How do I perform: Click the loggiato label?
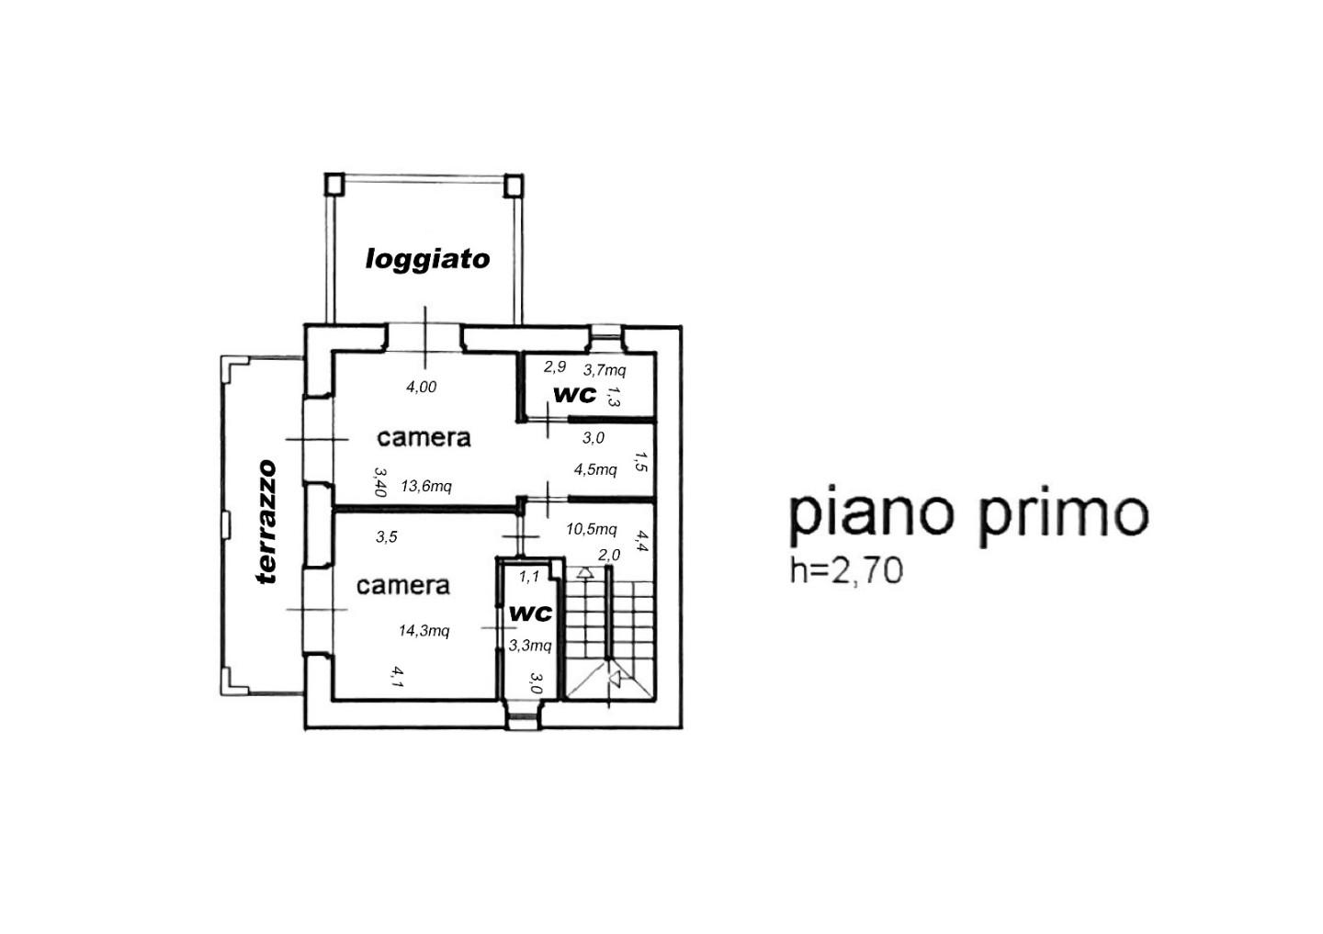(x=427, y=260)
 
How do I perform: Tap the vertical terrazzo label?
(x=266, y=522)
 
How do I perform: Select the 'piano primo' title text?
(x=968, y=516)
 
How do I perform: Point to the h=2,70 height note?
(x=846, y=571)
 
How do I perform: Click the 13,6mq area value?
(x=426, y=487)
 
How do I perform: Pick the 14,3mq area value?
(x=424, y=631)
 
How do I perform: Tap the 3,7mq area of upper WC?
(x=605, y=370)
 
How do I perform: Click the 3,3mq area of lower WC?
(x=530, y=646)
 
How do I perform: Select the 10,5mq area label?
(x=592, y=529)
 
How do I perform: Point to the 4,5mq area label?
(x=595, y=469)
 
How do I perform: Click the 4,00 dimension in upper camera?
(x=421, y=388)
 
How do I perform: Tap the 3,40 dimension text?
(x=380, y=482)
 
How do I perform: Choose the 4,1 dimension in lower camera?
(x=397, y=677)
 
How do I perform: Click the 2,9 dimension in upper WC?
(x=555, y=367)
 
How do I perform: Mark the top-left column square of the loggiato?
(x=334, y=185)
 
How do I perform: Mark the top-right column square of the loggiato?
(x=514, y=185)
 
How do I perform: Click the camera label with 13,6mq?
(x=424, y=437)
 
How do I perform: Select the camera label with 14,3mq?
(x=403, y=585)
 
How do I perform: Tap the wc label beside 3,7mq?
(x=575, y=394)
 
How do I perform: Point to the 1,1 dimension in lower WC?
(x=529, y=576)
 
